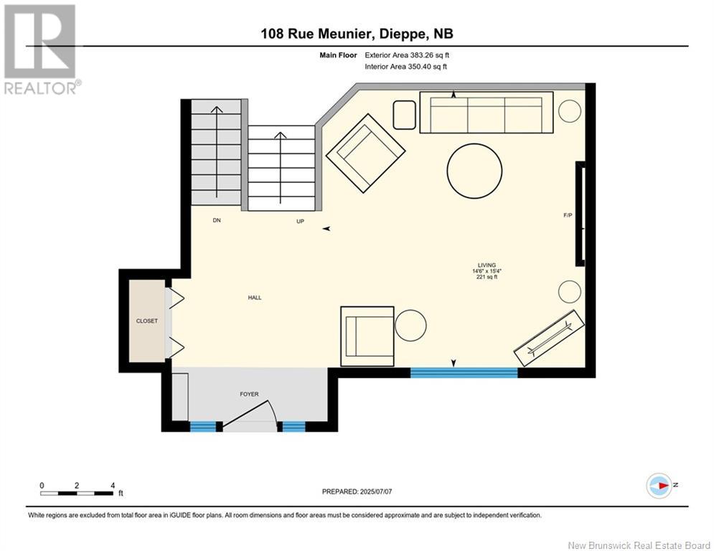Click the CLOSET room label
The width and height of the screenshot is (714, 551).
tap(146, 321)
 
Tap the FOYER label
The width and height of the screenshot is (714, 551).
tap(249, 395)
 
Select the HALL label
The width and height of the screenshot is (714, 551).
tap(255, 297)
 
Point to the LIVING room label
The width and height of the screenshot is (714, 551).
tap(487, 265)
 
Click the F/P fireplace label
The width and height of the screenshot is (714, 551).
tap(568, 215)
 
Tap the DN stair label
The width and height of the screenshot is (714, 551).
tap(217, 220)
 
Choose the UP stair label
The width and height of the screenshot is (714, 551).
tap(300, 221)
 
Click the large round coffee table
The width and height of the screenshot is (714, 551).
tap(474, 171)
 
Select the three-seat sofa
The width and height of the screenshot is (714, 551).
tap(487, 113)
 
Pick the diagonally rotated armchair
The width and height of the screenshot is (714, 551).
tap(366, 153)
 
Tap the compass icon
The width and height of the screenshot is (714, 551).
tap(659, 486)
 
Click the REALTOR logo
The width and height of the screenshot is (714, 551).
tap(42, 50)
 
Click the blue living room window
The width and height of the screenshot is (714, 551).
tap(464, 372)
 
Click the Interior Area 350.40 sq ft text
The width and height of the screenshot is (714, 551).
tap(405, 67)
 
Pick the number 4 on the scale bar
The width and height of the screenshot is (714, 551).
tap(113, 486)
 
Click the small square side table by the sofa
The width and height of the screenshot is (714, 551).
tap(404, 116)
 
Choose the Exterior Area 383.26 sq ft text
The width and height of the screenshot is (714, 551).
tap(407, 55)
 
